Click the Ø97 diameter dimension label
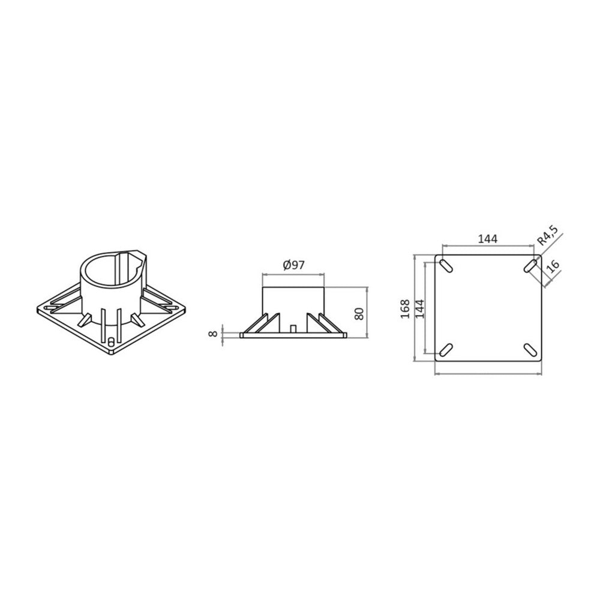[294, 265]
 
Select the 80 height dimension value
[359, 314]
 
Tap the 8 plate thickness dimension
[213, 333]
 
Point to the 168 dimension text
[405, 308]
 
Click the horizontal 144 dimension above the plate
[488, 239]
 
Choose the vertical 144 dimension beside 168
[420, 308]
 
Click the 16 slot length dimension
[553, 266]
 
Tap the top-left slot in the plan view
[446, 266]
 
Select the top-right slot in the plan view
[530, 266]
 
